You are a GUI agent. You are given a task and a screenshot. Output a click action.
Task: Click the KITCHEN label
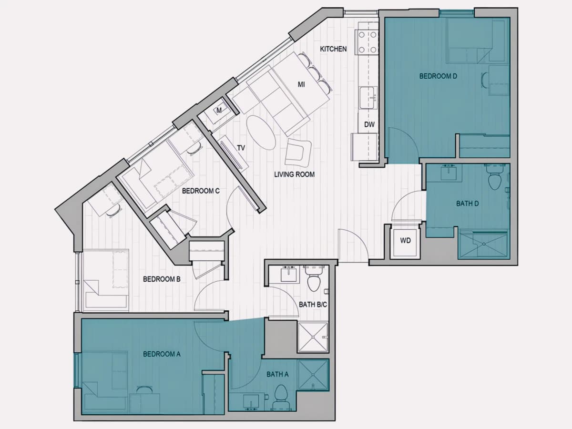click(333, 49)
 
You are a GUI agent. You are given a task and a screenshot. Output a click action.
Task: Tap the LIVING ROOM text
click(294, 174)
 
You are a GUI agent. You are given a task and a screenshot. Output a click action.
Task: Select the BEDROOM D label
click(438, 76)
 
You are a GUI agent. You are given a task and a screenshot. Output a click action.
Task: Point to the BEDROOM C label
click(201, 191)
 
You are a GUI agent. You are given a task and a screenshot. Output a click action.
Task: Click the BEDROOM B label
click(162, 279)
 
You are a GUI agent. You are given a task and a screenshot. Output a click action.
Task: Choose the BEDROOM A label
click(162, 354)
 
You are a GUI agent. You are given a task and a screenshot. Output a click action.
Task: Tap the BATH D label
click(467, 204)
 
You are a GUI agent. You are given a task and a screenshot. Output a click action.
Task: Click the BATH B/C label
click(313, 305)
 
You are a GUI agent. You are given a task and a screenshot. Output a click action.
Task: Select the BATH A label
click(277, 375)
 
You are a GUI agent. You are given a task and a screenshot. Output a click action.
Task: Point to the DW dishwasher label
click(369, 124)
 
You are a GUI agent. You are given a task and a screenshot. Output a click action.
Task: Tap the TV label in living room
click(241, 148)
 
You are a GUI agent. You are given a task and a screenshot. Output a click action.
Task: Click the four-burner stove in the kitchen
click(368, 41)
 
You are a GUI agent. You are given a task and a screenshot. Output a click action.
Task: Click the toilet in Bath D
click(495, 178)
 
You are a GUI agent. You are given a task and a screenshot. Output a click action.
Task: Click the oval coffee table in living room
click(261, 133)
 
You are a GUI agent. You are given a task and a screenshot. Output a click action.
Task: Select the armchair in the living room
click(298, 153)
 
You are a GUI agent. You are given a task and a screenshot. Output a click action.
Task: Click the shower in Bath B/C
click(313, 337)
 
